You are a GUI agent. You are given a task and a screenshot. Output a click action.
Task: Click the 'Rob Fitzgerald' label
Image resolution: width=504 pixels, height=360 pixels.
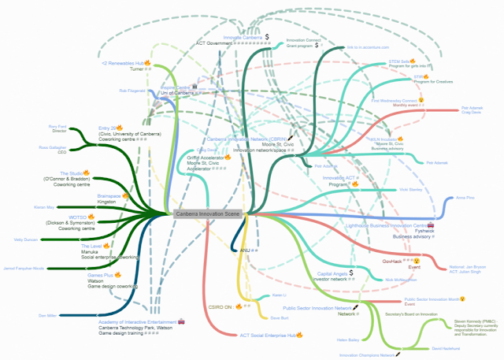pos(133,91)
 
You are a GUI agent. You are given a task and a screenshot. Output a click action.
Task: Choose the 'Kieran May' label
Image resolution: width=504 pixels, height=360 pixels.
pos(44,207)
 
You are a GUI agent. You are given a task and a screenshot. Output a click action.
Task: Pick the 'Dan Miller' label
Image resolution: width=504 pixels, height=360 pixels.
pos(47,315)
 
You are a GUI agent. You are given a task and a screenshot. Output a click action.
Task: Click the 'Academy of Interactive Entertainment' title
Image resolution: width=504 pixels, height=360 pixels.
pos(138,322)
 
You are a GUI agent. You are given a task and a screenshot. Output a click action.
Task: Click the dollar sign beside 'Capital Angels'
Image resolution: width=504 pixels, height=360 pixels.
pos(351,273)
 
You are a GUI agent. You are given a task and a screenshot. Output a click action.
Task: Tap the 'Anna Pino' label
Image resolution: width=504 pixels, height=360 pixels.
pos(465,198)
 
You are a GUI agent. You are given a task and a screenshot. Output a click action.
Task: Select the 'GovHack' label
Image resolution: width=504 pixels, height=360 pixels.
pos(391,261)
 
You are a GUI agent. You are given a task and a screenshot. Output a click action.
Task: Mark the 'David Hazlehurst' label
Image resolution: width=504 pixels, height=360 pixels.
pos(447,348)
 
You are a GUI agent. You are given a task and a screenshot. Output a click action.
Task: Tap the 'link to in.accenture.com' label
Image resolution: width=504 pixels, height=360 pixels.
pos(369,47)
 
